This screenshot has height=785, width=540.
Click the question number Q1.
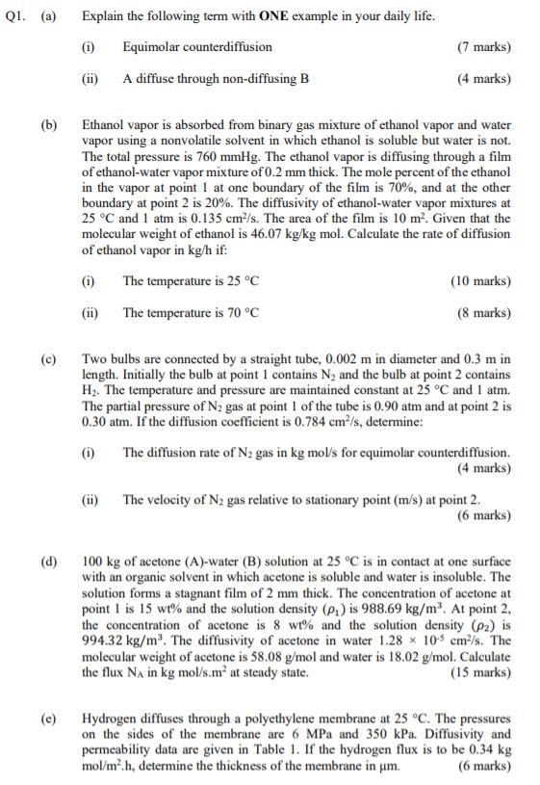tap(13, 16)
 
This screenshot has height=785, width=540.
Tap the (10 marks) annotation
tap(481, 281)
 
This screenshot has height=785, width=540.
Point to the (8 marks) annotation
tap(484, 312)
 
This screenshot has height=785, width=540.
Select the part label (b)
tap(48, 125)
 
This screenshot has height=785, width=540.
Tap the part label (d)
tap(48, 562)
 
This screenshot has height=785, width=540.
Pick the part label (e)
tap(48, 718)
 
